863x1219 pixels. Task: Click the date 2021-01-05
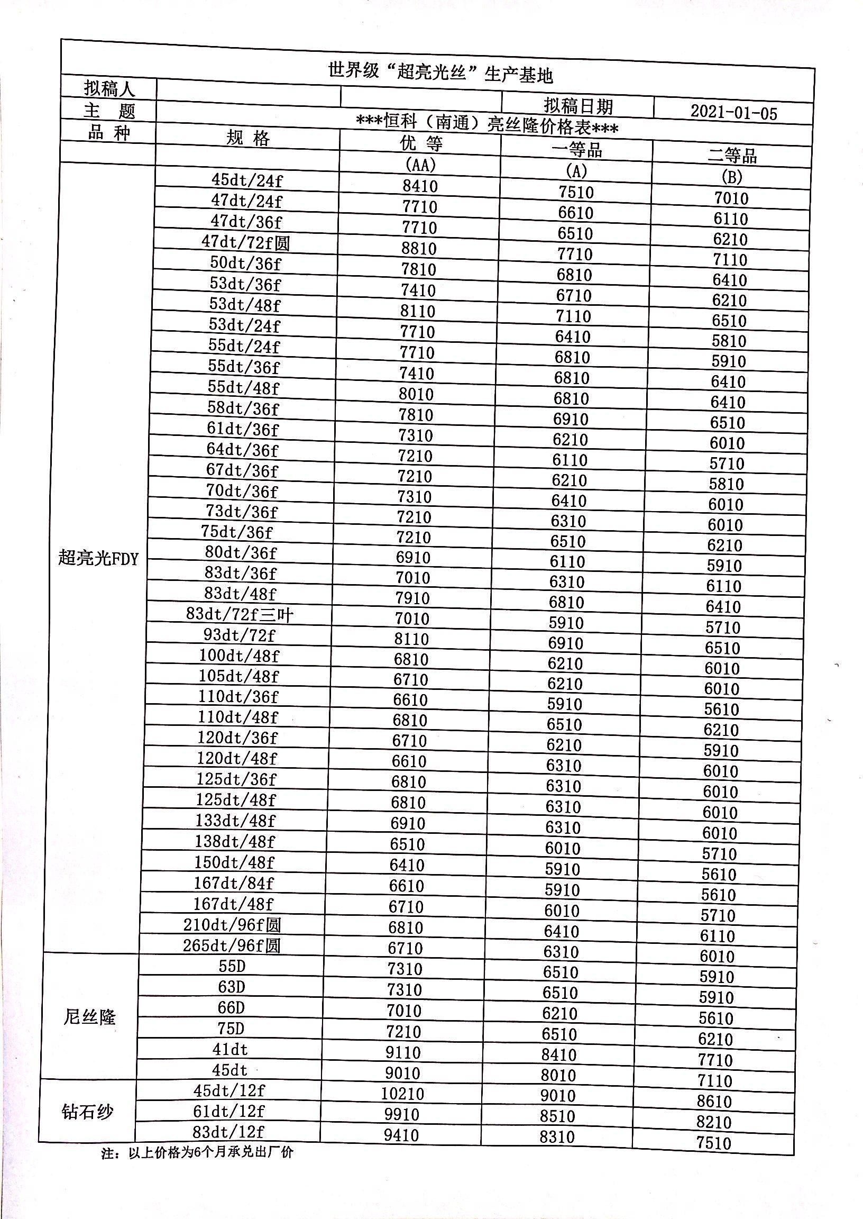coord(733,113)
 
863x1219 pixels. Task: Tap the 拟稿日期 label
coord(578,106)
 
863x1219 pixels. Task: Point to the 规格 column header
coord(248,138)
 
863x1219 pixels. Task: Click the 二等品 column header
coord(732,156)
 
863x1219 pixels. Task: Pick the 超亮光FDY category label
coord(98,558)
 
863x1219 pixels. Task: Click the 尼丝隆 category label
coord(89,1017)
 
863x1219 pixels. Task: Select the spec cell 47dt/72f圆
coord(245,242)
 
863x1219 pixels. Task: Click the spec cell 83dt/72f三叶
coord(240,615)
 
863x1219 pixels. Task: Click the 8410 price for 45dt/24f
coord(420,186)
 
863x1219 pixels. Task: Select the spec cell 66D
coord(231,1007)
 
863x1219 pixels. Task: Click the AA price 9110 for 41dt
coord(404,1052)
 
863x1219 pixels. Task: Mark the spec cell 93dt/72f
coord(239,635)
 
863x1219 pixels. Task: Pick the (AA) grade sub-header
coord(420,164)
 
